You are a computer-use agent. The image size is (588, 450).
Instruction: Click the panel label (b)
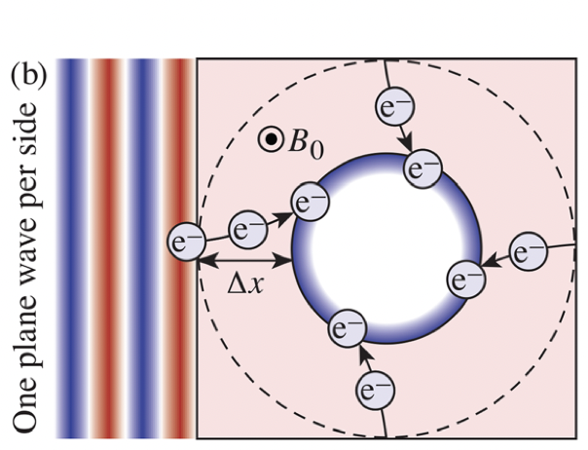[29, 75]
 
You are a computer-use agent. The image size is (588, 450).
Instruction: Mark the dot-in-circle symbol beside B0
[271, 139]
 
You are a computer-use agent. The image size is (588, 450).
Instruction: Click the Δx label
[245, 286]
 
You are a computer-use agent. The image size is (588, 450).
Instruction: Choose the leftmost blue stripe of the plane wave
[72, 248]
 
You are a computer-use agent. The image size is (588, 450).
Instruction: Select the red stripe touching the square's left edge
[179, 248]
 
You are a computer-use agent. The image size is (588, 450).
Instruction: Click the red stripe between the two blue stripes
[107, 248]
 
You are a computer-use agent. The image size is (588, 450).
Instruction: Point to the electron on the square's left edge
[186, 242]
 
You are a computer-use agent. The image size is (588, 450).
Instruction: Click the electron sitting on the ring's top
[423, 169]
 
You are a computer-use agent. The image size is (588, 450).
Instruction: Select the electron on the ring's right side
[466, 280]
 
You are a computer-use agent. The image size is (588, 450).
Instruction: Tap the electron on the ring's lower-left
[347, 328]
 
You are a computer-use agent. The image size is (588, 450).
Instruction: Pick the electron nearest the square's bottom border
[375, 391]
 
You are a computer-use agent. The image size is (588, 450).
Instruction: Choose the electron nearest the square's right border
[528, 251]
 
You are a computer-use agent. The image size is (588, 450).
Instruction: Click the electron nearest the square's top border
[395, 105]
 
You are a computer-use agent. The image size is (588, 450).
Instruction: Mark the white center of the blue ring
[386, 248]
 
